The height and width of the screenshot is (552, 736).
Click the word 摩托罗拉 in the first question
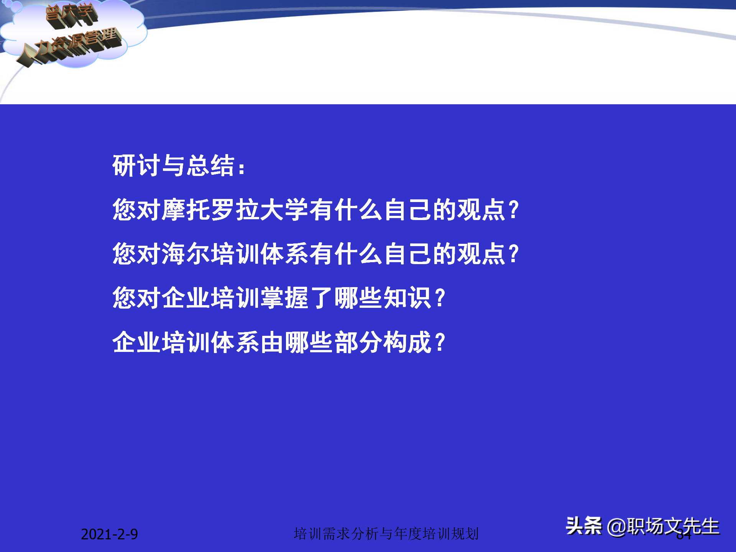210,210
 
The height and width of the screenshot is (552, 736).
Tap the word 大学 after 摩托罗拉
284,210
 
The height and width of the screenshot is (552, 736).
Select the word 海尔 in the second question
186,254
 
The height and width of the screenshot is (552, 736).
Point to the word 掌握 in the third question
284,298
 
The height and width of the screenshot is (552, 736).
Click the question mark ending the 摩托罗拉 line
513,210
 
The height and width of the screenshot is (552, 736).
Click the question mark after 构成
440,342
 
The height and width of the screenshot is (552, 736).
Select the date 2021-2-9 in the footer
109,534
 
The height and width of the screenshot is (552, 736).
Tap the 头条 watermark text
584,526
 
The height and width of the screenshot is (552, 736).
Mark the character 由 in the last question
272,342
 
